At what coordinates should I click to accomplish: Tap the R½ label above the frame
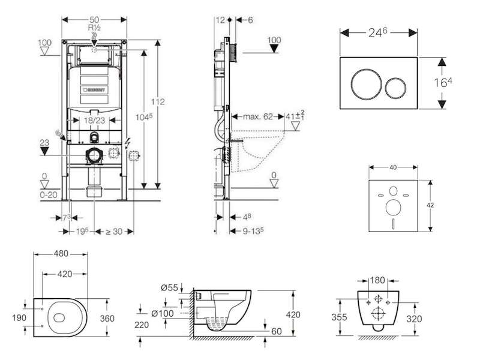(x=95, y=28)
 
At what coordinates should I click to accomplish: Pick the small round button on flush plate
(x=395, y=89)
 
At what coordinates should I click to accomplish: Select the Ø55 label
(x=170, y=287)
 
